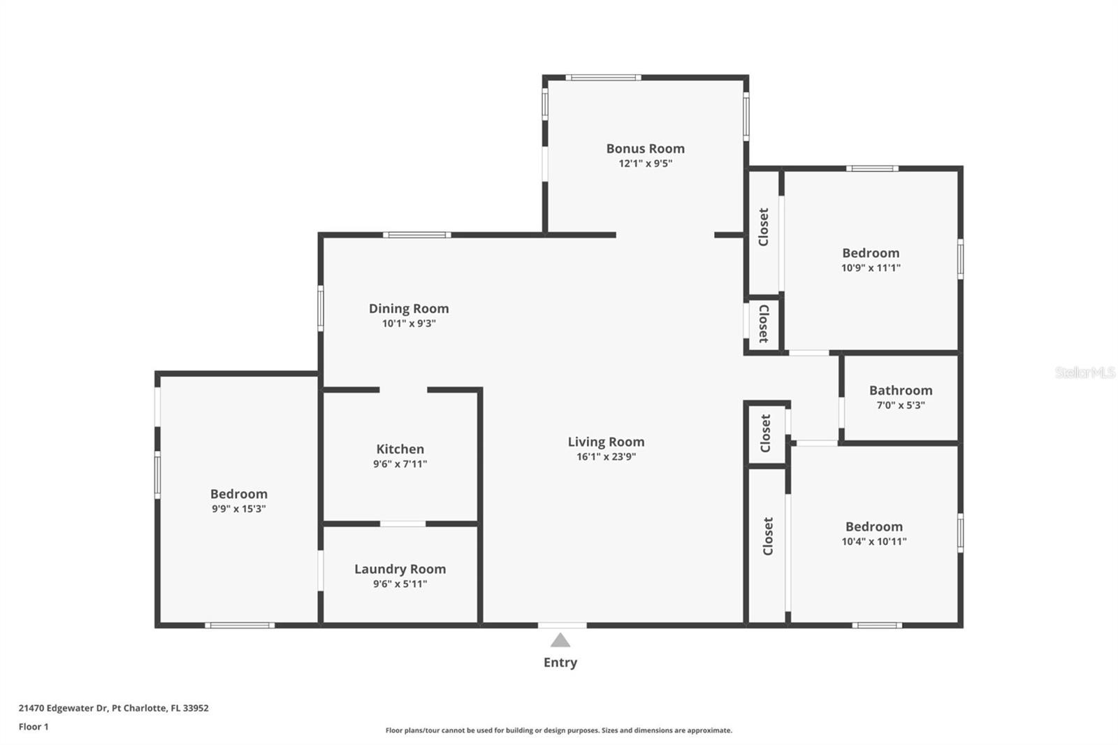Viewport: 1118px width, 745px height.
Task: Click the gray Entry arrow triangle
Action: (x=560, y=640)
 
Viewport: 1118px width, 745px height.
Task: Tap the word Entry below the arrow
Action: (x=560, y=663)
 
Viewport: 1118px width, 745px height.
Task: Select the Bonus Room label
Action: (x=646, y=148)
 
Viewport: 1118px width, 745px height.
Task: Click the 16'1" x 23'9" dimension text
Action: (x=606, y=456)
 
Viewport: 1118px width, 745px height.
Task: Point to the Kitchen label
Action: (x=400, y=449)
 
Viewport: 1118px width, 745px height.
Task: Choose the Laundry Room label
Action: (x=400, y=569)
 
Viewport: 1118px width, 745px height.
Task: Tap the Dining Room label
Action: (x=409, y=309)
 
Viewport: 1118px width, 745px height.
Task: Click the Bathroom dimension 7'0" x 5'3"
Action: (x=901, y=405)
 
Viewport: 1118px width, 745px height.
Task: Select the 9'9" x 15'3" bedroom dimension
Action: (x=238, y=509)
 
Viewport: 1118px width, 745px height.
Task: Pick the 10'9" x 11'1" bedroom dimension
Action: (x=871, y=268)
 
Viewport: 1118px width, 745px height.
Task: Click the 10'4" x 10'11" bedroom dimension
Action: (x=873, y=541)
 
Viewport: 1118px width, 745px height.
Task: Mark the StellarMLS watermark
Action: (x=1084, y=372)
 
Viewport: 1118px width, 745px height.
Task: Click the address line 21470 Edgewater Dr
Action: (x=113, y=707)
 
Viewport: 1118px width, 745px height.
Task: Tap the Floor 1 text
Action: (x=34, y=727)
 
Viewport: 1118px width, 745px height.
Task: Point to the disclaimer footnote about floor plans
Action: (x=558, y=730)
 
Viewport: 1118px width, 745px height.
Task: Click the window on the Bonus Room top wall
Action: (x=603, y=78)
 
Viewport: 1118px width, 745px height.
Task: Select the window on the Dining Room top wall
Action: (x=416, y=235)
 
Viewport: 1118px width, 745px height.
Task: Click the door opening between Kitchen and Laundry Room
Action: (x=402, y=523)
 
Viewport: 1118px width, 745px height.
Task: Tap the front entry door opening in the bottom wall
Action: (x=562, y=625)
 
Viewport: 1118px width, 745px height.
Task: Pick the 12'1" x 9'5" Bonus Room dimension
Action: (x=646, y=164)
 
